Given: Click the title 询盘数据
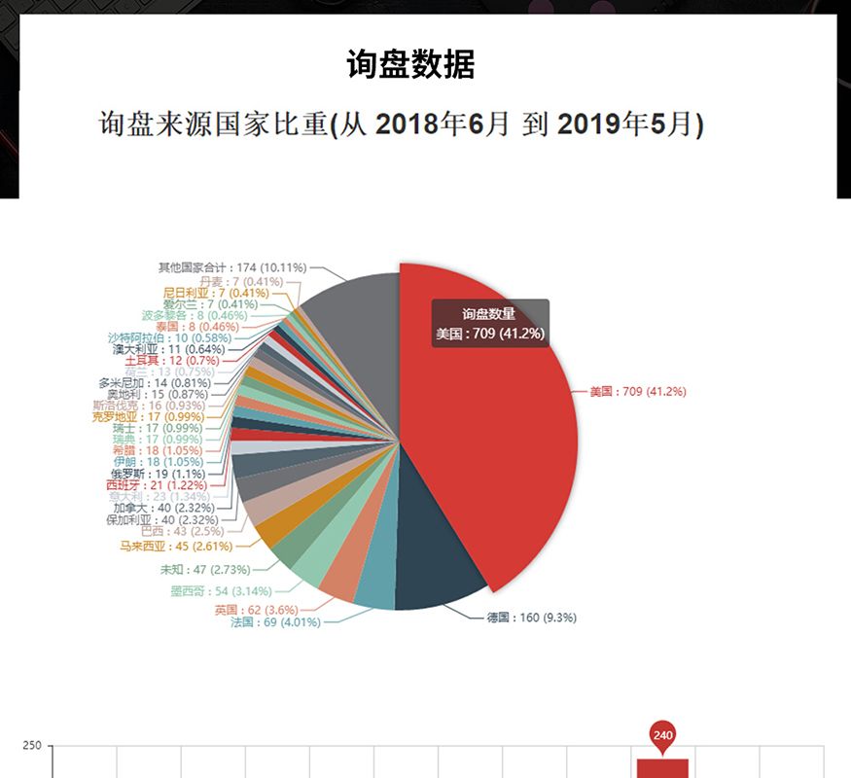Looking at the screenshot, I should (410, 65).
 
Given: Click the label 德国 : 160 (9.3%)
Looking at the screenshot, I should (538, 618).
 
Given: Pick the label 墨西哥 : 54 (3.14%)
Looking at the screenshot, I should (222, 591).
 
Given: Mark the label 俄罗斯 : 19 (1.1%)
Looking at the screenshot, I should (158, 474).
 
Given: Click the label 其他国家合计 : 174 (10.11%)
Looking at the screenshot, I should (232, 266).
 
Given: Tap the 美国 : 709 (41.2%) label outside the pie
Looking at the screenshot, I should (637, 392).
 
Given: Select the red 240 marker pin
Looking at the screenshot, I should (663, 735).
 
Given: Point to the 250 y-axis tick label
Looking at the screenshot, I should (31, 746).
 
